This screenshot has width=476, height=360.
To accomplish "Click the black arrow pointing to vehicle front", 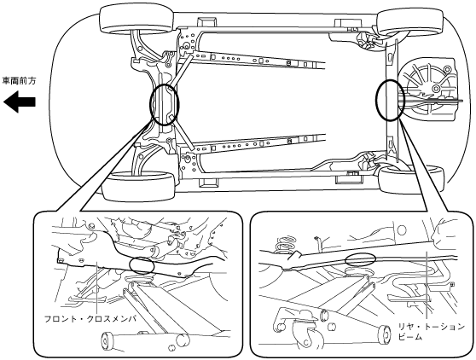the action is coord(20,102).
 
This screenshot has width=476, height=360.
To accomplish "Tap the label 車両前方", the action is coord(19,81).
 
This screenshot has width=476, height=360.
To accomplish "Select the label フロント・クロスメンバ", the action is coord(90,319).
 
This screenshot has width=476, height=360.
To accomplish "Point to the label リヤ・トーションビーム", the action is coord(432,332).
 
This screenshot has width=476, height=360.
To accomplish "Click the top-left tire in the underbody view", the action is coord(136,20).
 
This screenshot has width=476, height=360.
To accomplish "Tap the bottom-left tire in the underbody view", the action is coord(139,186).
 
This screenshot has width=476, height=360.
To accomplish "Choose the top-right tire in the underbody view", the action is coord(409,21).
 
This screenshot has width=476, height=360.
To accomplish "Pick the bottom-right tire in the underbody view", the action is coord(412,179).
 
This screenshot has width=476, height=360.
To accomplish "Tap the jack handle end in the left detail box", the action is coord(106,340).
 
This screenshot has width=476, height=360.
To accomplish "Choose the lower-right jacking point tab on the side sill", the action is coord(349,178).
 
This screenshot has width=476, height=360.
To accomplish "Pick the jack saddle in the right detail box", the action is coord(359,272).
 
